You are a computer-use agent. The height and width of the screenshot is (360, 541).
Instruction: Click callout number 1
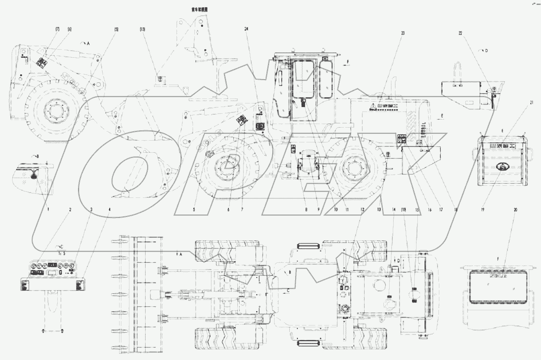pos(48,209)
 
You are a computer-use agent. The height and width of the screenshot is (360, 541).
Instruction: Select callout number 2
pos(70,209)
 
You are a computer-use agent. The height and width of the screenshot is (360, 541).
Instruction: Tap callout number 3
pos(91,209)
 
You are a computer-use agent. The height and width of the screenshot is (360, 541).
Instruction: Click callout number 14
pos(393,209)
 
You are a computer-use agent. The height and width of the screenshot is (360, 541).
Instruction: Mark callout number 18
pos(456,209)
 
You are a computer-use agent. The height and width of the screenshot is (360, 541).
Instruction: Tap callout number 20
pos(515,209)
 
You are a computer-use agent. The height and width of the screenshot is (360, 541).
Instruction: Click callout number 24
pos(246,29)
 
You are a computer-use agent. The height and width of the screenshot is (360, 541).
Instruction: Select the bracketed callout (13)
pos(142,29)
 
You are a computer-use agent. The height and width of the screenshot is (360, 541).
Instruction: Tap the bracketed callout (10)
pos(404,209)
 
